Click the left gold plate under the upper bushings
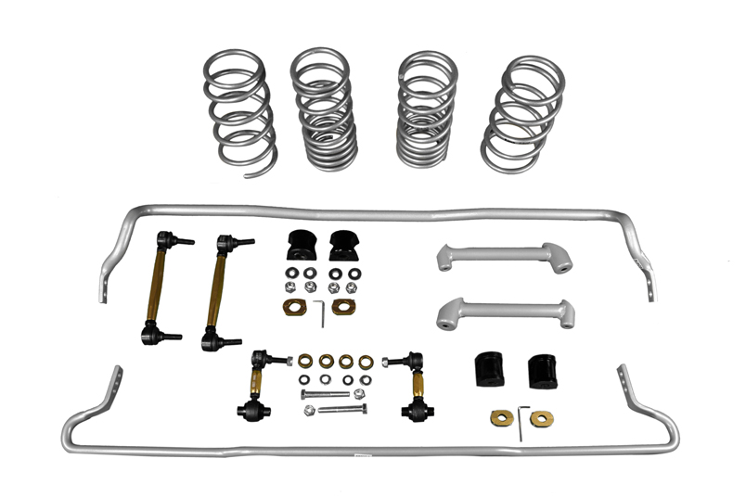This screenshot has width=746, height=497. (x=294, y=309)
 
